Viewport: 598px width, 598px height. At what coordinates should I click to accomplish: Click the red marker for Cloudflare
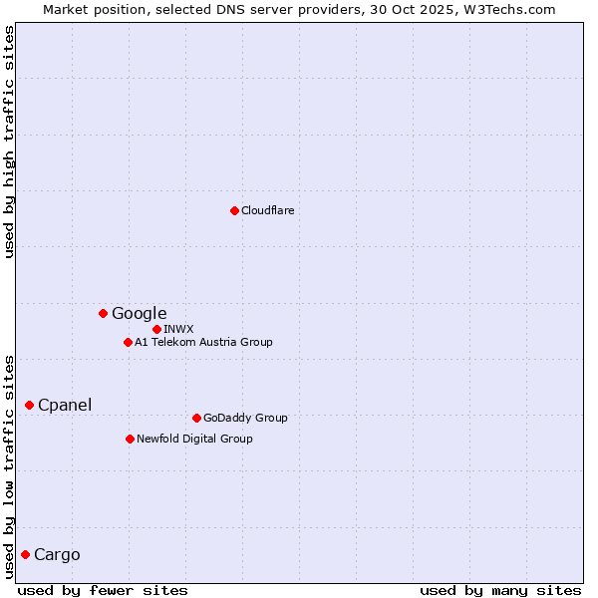[x=234, y=210]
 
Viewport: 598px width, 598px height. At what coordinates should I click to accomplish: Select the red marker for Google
[x=103, y=313]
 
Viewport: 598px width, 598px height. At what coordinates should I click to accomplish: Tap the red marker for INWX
[x=156, y=329]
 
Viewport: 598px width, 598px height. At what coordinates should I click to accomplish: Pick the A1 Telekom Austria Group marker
[x=128, y=342]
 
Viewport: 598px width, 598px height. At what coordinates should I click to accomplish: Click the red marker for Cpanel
[x=29, y=405]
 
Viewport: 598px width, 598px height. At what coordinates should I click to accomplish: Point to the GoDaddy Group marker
[x=196, y=418]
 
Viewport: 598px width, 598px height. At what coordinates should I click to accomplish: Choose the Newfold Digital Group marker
[x=130, y=439]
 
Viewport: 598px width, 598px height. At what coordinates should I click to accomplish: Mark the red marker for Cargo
[x=25, y=554]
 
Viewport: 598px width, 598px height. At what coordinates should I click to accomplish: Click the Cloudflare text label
[x=268, y=210]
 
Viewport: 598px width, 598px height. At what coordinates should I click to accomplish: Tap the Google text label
[x=139, y=314]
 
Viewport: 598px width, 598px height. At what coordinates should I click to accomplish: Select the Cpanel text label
[x=65, y=406]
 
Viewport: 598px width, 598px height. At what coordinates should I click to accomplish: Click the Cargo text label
[x=57, y=555]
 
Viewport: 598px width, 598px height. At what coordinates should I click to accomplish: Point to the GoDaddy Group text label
[x=245, y=418]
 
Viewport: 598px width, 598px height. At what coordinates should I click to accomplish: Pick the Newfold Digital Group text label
[x=194, y=439]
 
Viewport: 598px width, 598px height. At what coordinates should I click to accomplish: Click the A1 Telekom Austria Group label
[x=203, y=342]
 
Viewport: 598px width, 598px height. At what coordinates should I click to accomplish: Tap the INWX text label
[x=178, y=329]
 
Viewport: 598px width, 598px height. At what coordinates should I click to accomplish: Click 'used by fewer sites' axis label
[x=103, y=590]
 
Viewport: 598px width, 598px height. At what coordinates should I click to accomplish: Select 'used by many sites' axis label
[x=500, y=590]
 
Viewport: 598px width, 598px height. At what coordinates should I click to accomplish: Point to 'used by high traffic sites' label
[x=10, y=142]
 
